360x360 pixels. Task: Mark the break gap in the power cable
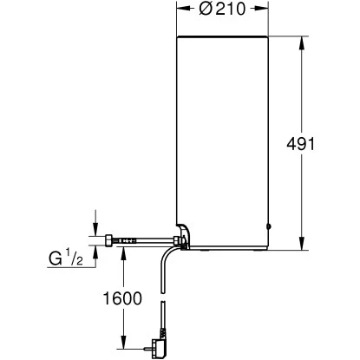[160, 300]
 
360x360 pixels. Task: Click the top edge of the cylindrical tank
[226, 36]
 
